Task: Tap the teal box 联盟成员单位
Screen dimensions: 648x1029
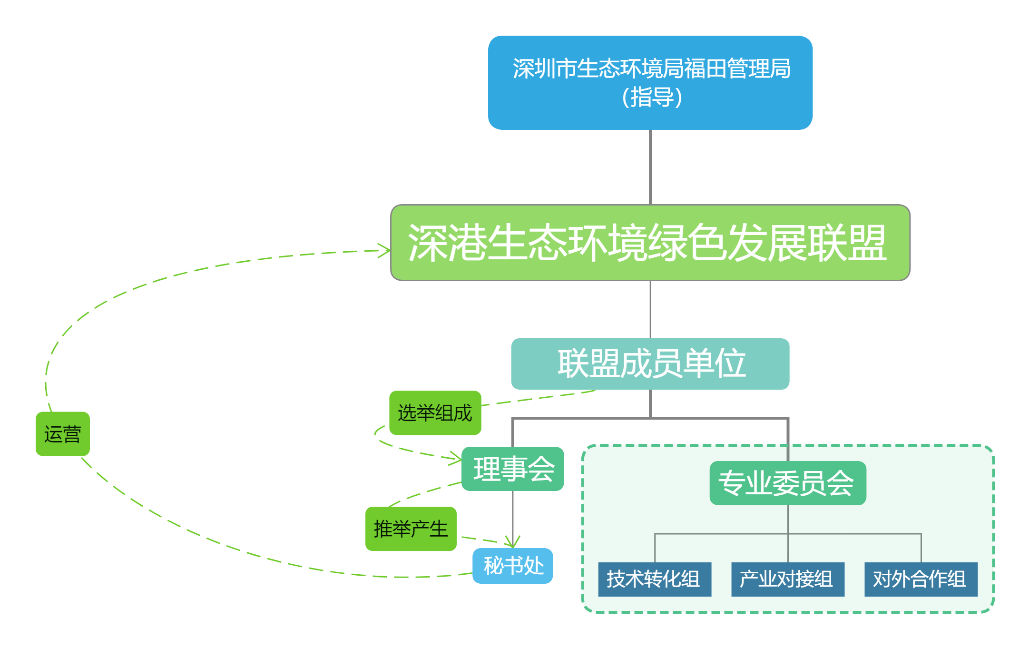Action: point(650,363)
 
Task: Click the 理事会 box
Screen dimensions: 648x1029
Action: point(513,469)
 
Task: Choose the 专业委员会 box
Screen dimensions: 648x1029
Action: point(787,483)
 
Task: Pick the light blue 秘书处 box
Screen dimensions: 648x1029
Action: point(513,566)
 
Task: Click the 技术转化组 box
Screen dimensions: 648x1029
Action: point(654,579)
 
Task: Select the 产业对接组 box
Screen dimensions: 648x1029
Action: point(787,579)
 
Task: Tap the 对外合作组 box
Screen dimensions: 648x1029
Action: point(921,579)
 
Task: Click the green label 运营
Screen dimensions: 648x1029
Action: point(62,434)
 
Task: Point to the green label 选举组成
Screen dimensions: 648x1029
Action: point(435,412)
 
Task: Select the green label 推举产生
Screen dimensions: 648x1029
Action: point(411,529)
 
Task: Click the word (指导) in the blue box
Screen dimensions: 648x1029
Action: point(651,98)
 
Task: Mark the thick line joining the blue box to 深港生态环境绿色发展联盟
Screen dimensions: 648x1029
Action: point(650,167)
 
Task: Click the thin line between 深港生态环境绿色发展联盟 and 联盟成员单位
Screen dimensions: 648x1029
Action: point(650,309)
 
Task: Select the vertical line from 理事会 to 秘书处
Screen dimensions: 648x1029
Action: point(513,514)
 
